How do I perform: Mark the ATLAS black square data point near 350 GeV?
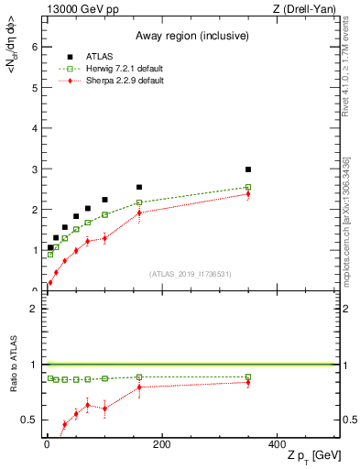pos(248,169)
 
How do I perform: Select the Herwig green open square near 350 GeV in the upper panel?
pos(248,187)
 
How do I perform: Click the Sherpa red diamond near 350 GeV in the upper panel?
pos(248,194)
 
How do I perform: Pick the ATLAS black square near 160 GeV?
pos(139,187)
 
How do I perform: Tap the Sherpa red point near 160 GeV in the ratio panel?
pos(139,387)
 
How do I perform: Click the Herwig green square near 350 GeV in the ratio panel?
pos(248,376)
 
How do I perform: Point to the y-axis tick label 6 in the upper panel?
pos(34,47)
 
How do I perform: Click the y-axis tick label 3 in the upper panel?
pos(34,169)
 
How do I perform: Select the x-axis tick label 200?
pos(161,445)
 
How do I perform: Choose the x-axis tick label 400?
pos(277,445)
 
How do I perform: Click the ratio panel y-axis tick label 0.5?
pos(29,420)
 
